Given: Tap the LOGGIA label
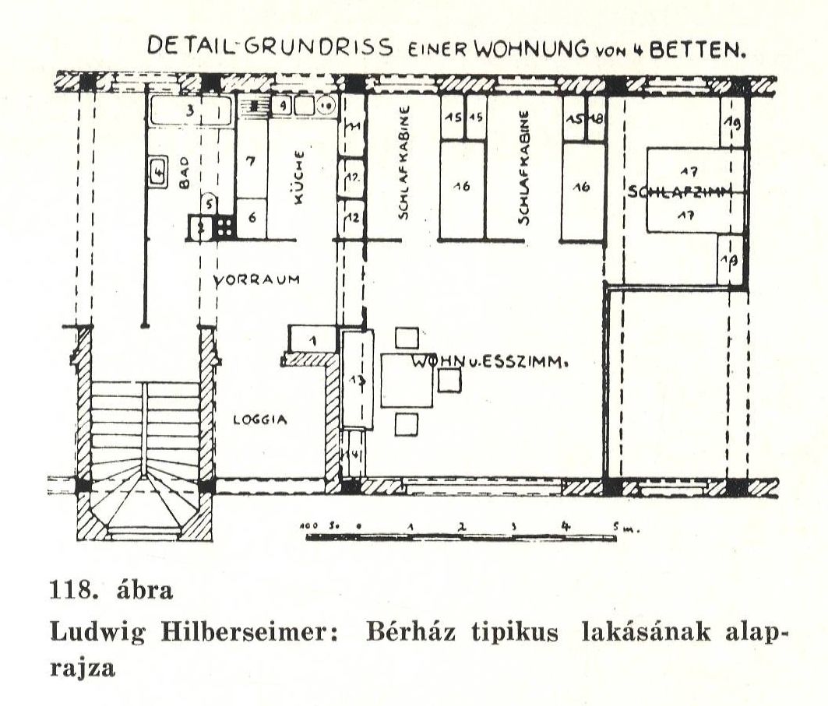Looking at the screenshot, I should point(261,420).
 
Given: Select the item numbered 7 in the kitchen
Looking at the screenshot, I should point(251,163).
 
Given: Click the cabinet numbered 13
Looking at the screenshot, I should point(358,379).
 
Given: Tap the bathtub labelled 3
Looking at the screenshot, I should point(191,112).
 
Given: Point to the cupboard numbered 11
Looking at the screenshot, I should point(353,127).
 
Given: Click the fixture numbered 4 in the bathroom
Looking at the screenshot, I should point(159,172).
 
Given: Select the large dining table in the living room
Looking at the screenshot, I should point(406,379).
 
